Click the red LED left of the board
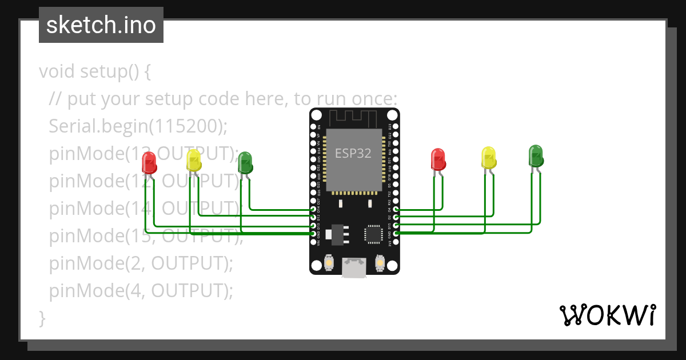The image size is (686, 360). (149, 162)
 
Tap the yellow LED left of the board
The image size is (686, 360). (194, 161)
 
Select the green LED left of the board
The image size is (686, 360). (245, 162)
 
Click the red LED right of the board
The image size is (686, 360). (438, 159)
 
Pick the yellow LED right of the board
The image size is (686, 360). (489, 158)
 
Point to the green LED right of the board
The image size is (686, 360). (536, 156)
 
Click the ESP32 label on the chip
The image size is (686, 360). (353, 154)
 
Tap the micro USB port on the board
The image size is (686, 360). (354, 267)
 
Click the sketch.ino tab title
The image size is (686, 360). (101, 25)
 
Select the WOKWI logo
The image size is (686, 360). (607, 315)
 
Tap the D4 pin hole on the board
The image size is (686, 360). (396, 210)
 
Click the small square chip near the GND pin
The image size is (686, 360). (373, 234)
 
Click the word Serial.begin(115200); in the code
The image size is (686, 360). (138, 126)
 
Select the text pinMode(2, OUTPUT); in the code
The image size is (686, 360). (141, 263)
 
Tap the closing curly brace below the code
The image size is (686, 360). (42, 318)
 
